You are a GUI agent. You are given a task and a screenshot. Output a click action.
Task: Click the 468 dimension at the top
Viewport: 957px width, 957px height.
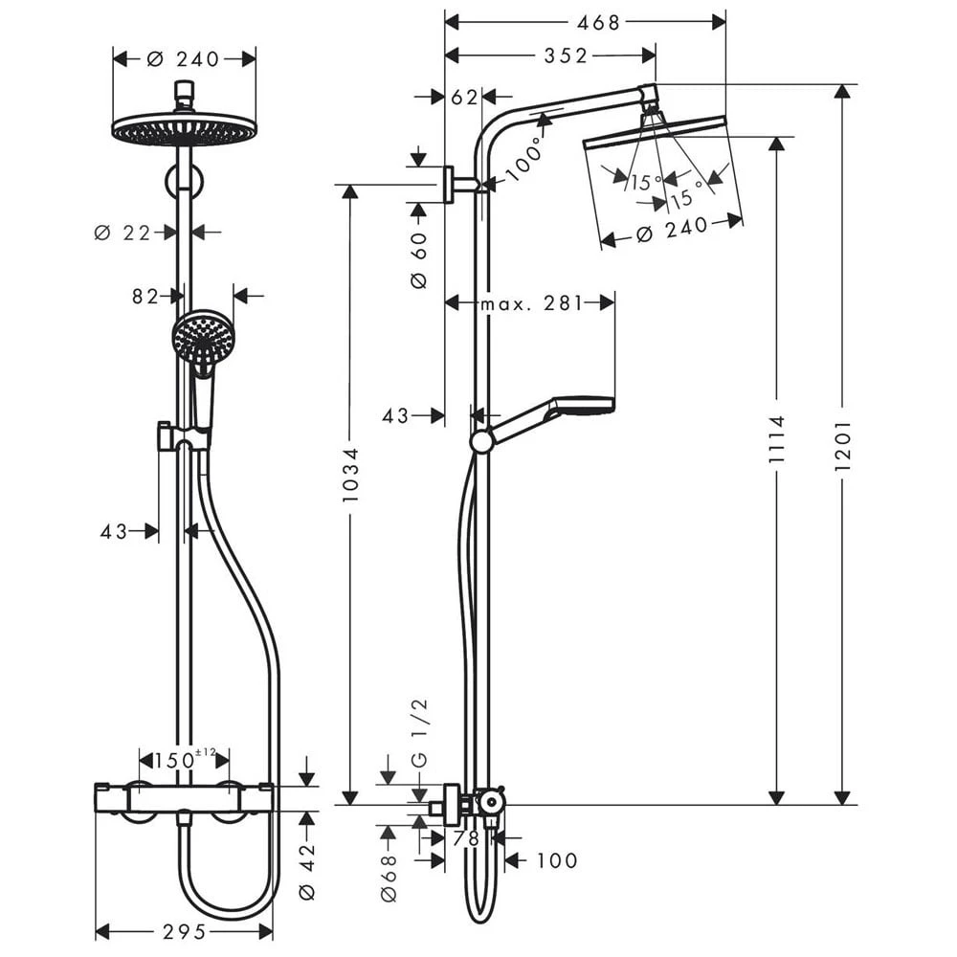pos(600,22)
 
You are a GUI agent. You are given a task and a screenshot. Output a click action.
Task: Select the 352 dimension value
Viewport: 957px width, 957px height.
pos(565,56)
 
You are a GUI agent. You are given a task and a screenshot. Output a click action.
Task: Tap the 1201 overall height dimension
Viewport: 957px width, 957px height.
pos(842,445)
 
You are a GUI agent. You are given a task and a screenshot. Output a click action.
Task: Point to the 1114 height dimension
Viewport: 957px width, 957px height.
pos(776,439)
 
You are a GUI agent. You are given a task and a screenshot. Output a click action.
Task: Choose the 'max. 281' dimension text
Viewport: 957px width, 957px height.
pos(531,303)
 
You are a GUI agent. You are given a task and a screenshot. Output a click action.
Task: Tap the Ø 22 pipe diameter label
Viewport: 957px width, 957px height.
pos(122,232)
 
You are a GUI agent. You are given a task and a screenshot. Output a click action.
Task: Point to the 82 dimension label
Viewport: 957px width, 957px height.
pos(145,297)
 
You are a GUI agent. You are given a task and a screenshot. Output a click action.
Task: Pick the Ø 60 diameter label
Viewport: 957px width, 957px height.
pos(419,255)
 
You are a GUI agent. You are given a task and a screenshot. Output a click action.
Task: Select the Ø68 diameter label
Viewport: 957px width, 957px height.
pos(388,879)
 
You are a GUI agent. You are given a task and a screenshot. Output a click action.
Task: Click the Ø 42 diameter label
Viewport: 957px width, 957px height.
pos(307,867)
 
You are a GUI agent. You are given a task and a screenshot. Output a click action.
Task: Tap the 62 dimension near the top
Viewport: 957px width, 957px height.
pos(463,96)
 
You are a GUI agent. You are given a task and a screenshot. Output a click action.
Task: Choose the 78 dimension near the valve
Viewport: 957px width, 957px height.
pos(465,838)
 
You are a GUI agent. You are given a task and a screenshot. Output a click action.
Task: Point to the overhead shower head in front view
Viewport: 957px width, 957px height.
pos(185,129)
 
